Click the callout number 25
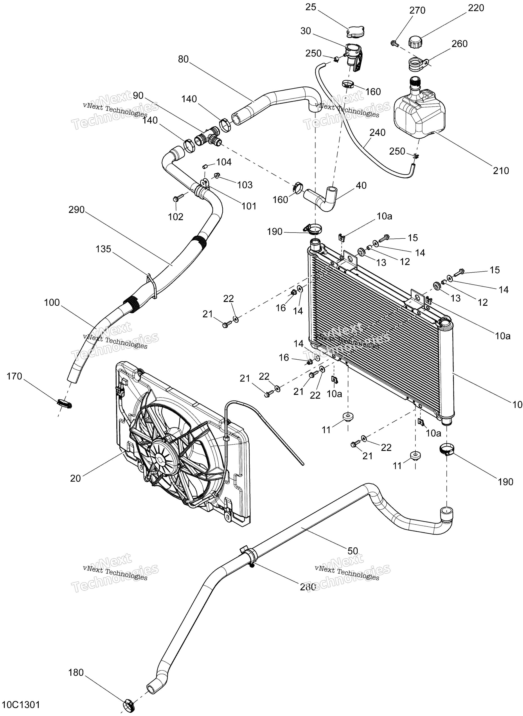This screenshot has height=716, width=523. (x=311, y=7)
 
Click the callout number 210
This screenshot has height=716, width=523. (x=501, y=171)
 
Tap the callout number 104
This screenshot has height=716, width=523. (x=224, y=162)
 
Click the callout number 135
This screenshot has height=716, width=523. (x=103, y=249)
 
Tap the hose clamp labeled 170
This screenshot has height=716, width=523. (x=65, y=404)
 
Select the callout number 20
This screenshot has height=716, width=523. (x=75, y=478)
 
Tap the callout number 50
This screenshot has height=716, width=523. (x=353, y=551)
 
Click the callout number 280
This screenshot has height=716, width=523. (x=308, y=587)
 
